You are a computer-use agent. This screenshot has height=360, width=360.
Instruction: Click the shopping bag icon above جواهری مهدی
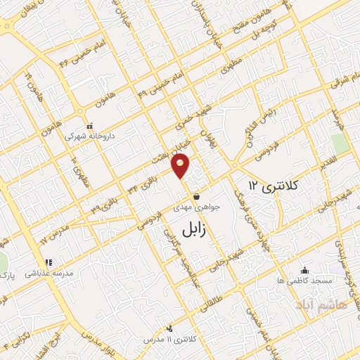202,196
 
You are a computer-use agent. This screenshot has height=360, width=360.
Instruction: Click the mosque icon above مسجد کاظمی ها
304,270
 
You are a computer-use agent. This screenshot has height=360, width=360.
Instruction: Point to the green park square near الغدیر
340,143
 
